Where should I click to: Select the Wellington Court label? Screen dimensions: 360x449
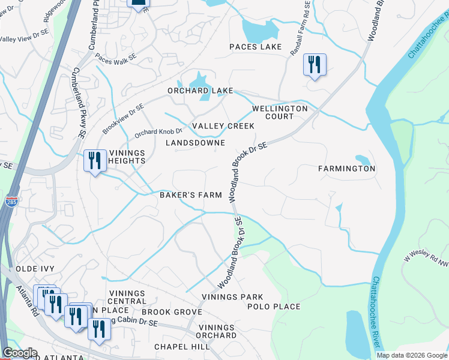(280, 112)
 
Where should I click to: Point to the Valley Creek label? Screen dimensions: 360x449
(223, 126)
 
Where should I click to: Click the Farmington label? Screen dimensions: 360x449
(347, 169)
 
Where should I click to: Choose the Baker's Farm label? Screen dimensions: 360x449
(190, 195)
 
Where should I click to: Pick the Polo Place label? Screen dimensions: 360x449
(274, 307)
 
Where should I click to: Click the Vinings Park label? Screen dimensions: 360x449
(232, 297)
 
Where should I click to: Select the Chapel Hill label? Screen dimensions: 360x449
(182, 347)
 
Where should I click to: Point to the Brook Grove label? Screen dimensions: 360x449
(172, 312)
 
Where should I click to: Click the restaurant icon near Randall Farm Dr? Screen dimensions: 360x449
(315, 65)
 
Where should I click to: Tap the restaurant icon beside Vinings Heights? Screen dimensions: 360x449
(95, 161)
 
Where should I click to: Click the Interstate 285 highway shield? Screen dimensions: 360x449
(11, 201)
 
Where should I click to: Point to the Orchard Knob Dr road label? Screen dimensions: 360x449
(158, 131)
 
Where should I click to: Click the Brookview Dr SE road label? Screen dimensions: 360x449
(123, 119)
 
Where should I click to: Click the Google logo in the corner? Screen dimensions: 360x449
(20, 353)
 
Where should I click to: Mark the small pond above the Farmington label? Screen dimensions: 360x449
(363, 159)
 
